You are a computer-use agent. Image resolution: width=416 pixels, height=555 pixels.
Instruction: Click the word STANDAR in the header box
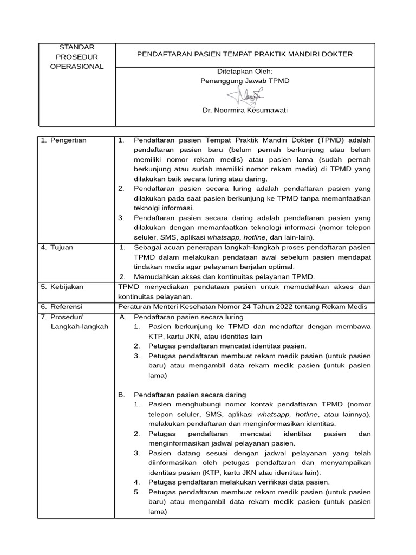click(76, 47)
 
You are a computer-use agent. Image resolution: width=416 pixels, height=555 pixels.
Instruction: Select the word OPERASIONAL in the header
click(76, 67)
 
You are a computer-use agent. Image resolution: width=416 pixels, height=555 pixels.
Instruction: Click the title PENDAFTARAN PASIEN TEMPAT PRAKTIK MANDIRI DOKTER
click(244, 54)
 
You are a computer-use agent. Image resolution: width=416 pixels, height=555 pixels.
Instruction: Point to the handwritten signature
click(245, 96)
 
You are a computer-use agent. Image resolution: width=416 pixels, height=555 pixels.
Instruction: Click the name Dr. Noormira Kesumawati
click(245, 111)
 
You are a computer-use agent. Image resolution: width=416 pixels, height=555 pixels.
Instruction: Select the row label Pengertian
click(68, 140)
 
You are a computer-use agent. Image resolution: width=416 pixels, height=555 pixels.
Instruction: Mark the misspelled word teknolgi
click(148, 208)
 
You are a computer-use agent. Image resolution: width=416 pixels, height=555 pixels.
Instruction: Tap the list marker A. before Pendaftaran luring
click(122, 317)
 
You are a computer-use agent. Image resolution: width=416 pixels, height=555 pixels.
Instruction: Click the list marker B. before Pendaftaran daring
click(122, 395)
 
